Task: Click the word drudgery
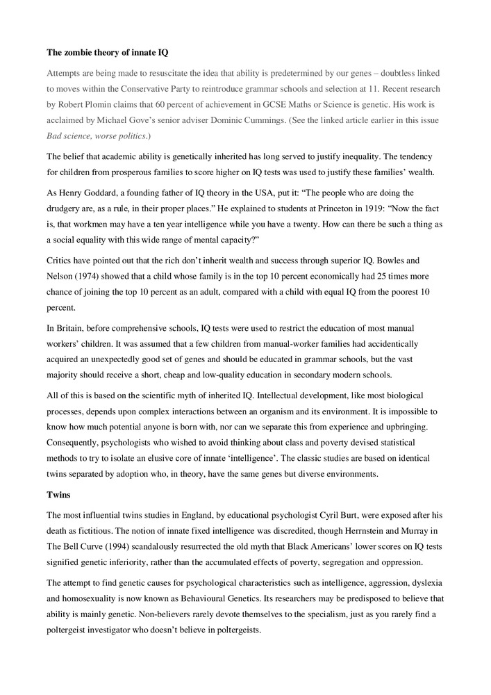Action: click(65, 208)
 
